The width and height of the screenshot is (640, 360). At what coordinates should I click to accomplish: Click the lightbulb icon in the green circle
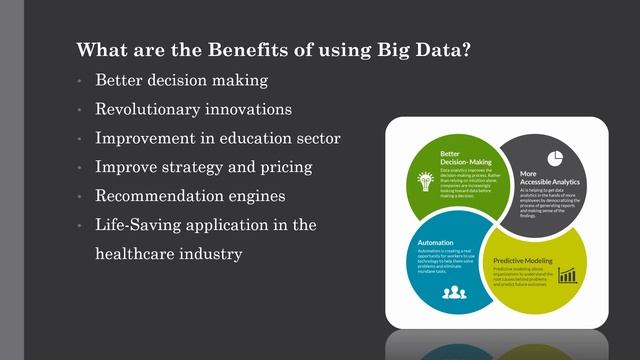tap(424, 181)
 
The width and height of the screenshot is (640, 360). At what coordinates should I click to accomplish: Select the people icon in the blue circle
tap(455, 292)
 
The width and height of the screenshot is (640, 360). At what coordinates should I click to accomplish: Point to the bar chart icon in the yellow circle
tap(568, 274)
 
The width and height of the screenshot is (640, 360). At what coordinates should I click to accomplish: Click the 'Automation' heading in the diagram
tap(435, 241)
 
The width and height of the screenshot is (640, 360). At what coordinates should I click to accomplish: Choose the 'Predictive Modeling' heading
tap(525, 260)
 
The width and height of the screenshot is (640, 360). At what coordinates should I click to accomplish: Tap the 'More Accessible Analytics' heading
tap(548, 178)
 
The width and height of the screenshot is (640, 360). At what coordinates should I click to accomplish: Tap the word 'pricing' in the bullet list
tap(285, 166)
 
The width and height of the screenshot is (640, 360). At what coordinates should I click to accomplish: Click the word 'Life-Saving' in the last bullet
tap(139, 225)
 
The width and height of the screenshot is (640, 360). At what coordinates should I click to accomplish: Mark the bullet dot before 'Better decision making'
tap(79, 80)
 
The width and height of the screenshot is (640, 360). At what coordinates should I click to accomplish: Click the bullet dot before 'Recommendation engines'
tap(79, 196)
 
